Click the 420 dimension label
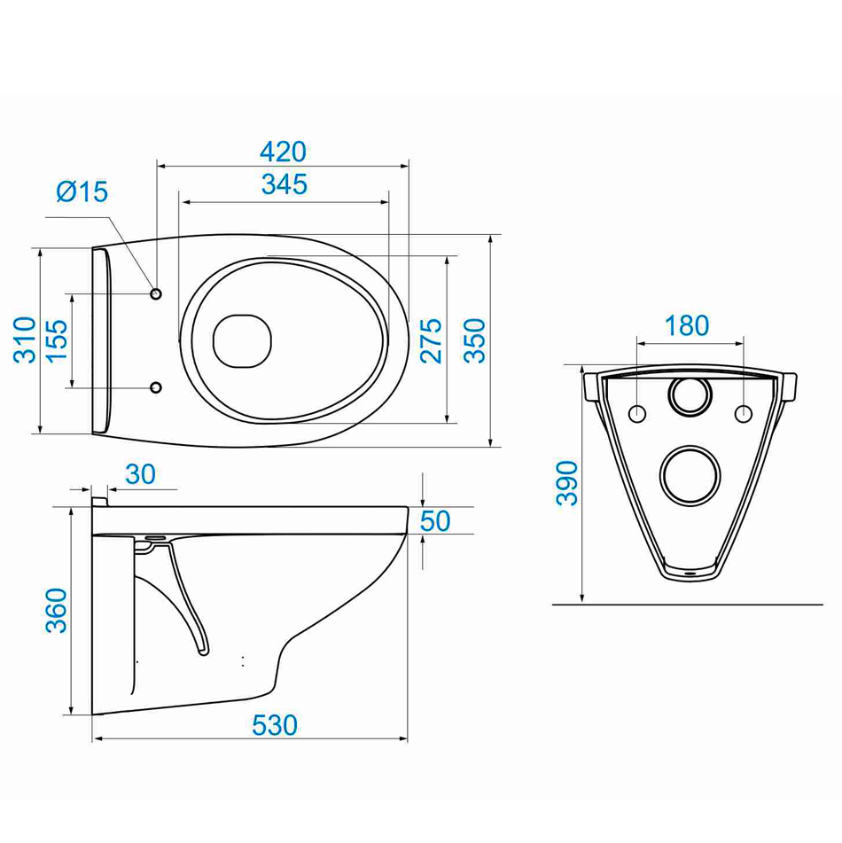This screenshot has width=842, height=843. coord(283,152)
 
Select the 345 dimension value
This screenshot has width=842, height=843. coord(285,184)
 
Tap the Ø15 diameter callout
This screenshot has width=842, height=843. coord(82,191)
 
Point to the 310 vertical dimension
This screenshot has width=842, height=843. coord(25,340)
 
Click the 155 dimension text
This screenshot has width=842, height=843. coord(57,341)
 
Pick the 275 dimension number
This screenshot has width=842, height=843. coord(431,341)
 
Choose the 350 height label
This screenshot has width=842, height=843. coord(474,341)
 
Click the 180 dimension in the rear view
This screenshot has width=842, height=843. coord(687,326)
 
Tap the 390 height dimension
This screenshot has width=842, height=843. coord(566,483)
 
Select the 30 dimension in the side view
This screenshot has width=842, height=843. coord(140,474)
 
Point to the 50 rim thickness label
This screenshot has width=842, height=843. coord(435,521)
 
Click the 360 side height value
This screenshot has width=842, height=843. coord(56,610)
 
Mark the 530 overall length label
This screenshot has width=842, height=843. coord(275,725)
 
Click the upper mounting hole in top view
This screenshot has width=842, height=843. coord(156,293)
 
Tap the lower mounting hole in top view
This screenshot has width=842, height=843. coord(156,387)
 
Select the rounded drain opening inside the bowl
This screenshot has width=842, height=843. coord(242,341)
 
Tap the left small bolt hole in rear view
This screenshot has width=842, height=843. coord(637,413)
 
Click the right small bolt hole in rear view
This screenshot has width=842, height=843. coord(743,413)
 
